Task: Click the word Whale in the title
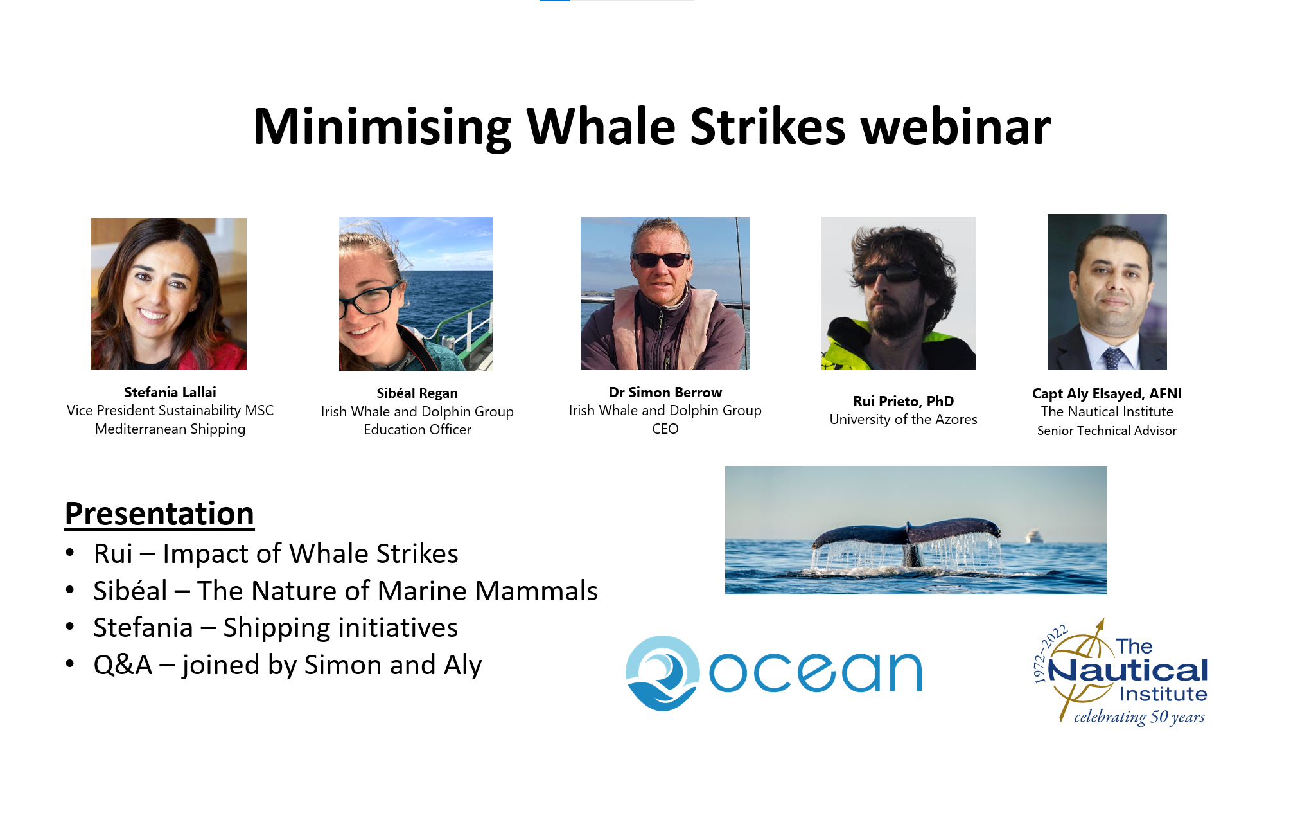click(601, 127)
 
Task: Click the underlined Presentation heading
click(159, 514)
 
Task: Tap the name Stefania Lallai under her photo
click(170, 392)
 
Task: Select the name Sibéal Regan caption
click(417, 393)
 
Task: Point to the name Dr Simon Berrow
click(665, 392)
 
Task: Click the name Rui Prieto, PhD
click(903, 401)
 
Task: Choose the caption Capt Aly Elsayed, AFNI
click(1107, 393)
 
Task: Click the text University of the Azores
click(903, 420)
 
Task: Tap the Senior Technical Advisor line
click(1107, 431)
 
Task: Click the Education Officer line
click(417, 429)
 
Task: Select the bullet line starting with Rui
click(276, 554)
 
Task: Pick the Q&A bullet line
click(287, 665)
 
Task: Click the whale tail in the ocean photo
click(906, 537)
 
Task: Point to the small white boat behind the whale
click(1033, 535)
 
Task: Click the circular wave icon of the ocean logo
click(662, 673)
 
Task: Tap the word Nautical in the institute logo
click(1128, 671)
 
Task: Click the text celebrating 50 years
click(1139, 717)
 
